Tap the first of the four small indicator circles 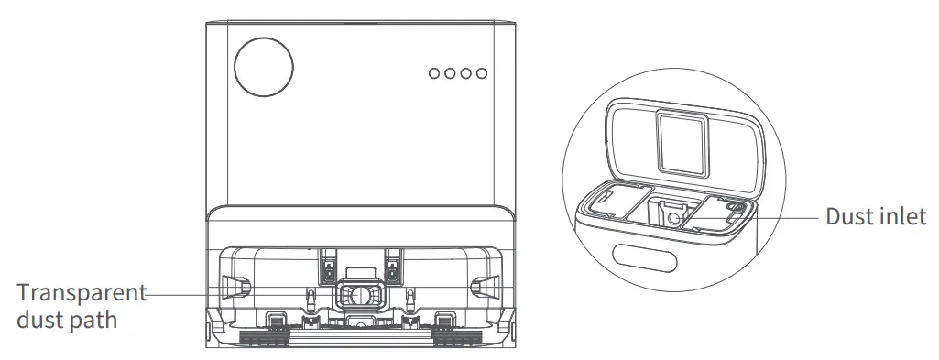tap(435, 73)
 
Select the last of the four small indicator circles tap(482, 73)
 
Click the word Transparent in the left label tap(81, 293)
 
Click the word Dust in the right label tap(848, 217)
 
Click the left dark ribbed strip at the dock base tap(266, 336)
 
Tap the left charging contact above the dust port tap(327, 267)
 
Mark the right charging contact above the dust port tap(392, 267)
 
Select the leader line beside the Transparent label tap(183, 292)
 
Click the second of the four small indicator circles tap(451, 73)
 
